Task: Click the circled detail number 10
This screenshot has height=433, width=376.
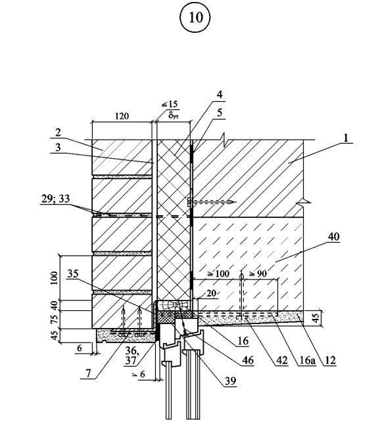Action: [x=196, y=18]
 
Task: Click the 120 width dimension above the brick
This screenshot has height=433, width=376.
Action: [x=122, y=115]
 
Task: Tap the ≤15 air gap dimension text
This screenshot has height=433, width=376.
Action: [x=170, y=104]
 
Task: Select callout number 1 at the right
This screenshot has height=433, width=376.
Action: [x=346, y=138]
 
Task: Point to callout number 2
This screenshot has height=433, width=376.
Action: [x=58, y=133]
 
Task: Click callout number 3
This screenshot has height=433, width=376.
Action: [x=58, y=147]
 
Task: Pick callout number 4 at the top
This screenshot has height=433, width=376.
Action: [x=220, y=94]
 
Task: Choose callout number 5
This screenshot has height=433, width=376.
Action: [x=220, y=113]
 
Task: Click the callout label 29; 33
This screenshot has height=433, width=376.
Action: [x=55, y=199]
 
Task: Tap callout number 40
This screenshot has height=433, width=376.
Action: [x=333, y=237]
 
